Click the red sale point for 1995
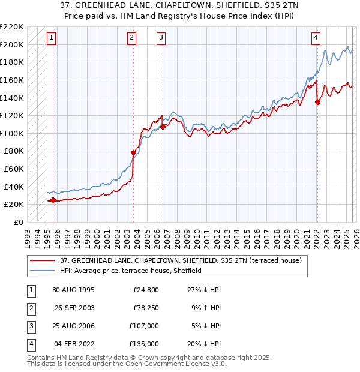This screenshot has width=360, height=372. click(53, 200)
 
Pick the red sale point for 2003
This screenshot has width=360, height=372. click(133, 152)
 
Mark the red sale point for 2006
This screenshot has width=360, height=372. click(163, 127)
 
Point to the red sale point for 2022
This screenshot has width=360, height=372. click(317, 102)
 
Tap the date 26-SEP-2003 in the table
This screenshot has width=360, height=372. click(74, 308)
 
